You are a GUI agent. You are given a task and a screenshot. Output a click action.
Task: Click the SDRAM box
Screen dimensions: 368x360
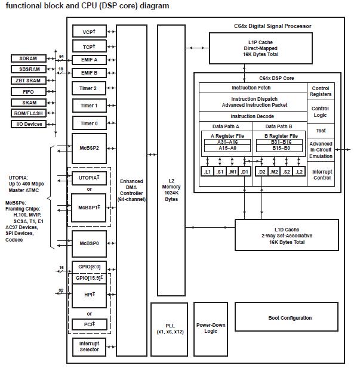[28, 58]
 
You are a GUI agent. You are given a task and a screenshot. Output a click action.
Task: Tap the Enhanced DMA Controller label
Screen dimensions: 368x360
[131, 189]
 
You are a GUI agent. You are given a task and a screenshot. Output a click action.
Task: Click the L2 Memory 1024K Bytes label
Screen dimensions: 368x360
[171, 189]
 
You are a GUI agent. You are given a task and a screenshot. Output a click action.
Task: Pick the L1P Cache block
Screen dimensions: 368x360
[260, 46]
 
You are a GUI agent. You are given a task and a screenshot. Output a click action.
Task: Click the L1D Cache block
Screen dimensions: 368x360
[281, 234]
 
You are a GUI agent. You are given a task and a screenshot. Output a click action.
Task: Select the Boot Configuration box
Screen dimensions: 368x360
[290, 318]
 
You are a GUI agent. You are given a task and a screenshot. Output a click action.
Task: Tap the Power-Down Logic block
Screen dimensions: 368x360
[211, 327]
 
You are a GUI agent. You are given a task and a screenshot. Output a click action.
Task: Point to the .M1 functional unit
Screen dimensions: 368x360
[233, 172]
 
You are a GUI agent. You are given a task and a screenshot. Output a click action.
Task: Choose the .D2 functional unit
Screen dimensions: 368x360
[260, 172]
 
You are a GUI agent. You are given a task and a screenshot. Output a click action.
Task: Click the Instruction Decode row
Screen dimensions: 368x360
[252, 116]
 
